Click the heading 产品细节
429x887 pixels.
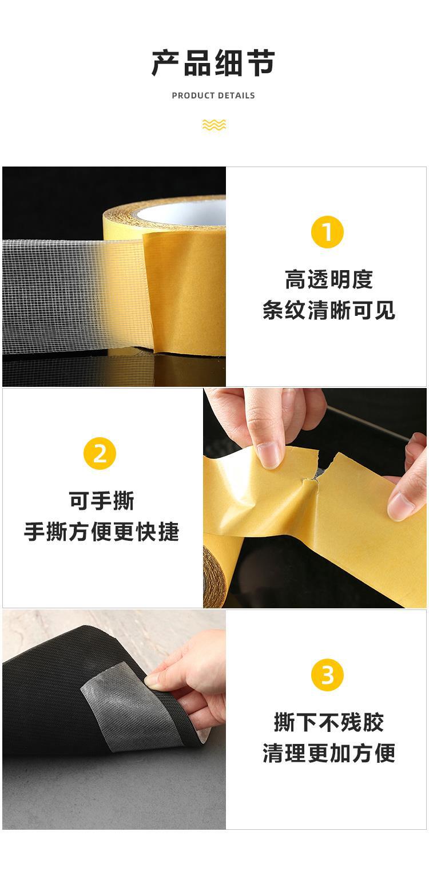click(x=213, y=63)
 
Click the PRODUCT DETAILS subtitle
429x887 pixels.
click(x=213, y=96)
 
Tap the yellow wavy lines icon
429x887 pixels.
click(x=214, y=125)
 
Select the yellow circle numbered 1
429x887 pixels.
click(x=327, y=232)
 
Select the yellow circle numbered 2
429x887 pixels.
click(x=100, y=453)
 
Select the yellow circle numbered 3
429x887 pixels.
click(x=327, y=675)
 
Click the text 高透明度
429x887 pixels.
click(x=329, y=279)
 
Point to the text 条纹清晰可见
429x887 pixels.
click(x=329, y=311)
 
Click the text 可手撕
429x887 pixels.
click(x=101, y=501)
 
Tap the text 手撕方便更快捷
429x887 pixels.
click(x=101, y=532)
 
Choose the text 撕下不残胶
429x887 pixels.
click(x=329, y=722)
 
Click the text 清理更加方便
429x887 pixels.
click(x=329, y=753)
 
